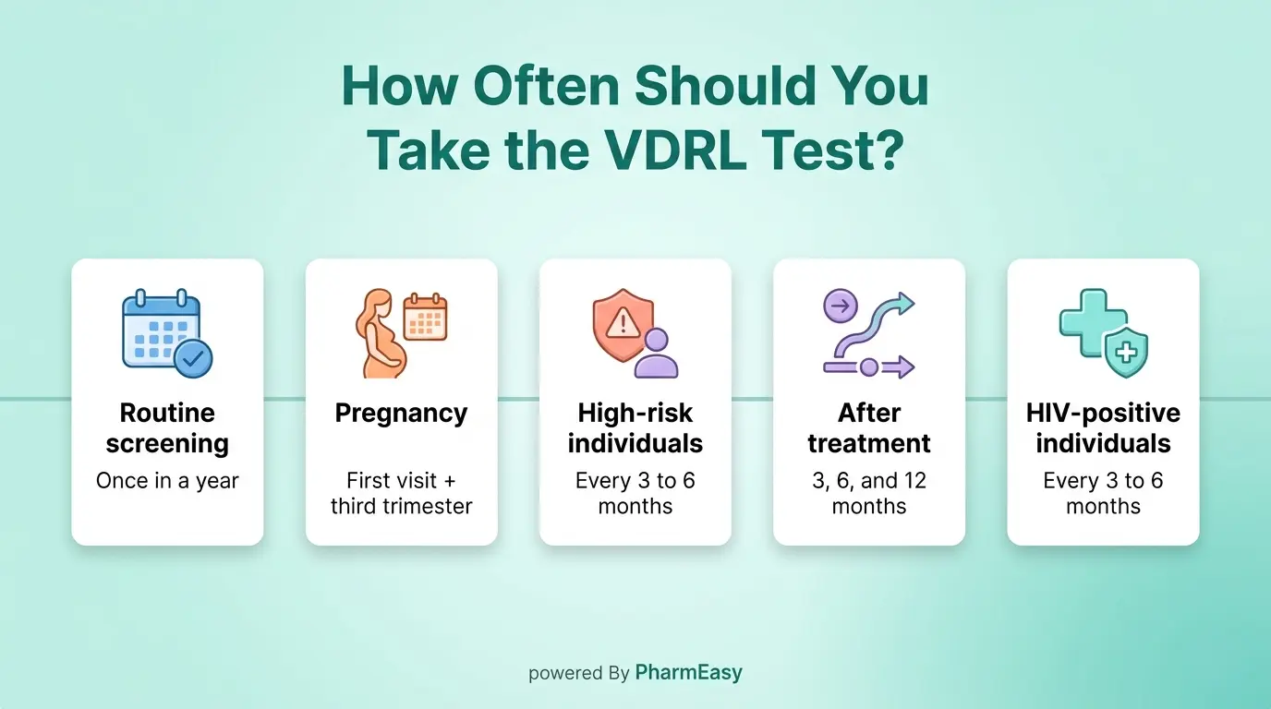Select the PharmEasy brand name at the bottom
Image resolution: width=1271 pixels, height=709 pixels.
click(688, 673)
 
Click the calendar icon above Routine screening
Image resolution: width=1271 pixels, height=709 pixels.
click(161, 329)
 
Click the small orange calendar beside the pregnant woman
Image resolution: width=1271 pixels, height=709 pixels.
click(425, 318)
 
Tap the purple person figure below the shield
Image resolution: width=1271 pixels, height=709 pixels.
click(657, 354)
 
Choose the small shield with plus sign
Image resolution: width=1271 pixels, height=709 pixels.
click(1126, 354)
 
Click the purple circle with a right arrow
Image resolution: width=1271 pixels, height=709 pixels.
click(840, 305)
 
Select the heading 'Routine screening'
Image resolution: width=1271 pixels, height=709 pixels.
click(167, 427)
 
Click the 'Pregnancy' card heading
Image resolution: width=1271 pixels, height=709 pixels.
click(401, 413)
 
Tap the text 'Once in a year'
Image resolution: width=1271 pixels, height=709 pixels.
click(167, 481)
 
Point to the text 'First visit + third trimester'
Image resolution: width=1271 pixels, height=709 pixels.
click(401, 493)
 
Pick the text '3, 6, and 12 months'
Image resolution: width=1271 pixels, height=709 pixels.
click(868, 493)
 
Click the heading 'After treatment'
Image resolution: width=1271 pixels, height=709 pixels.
click(868, 427)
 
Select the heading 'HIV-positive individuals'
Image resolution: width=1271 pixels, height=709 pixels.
click(1103, 427)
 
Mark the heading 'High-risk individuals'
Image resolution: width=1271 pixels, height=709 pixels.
click(635, 427)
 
